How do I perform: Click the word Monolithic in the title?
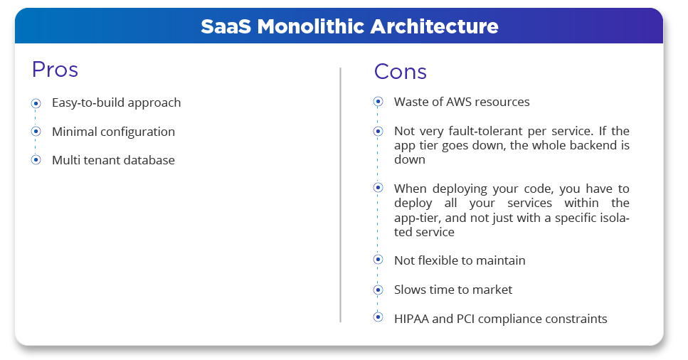[x=311, y=26]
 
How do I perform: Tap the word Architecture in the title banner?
[x=435, y=26]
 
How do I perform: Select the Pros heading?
[x=55, y=69]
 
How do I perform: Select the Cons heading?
[x=400, y=72]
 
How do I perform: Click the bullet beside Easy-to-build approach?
[x=36, y=103]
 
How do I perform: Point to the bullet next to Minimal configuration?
[x=36, y=132]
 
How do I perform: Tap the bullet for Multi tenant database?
[x=36, y=160]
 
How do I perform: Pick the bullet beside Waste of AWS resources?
[x=378, y=102]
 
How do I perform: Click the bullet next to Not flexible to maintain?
[x=378, y=260]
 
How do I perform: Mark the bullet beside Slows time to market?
[x=378, y=290]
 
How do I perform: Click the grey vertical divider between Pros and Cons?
[x=341, y=195]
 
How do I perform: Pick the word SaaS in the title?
[x=226, y=26]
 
